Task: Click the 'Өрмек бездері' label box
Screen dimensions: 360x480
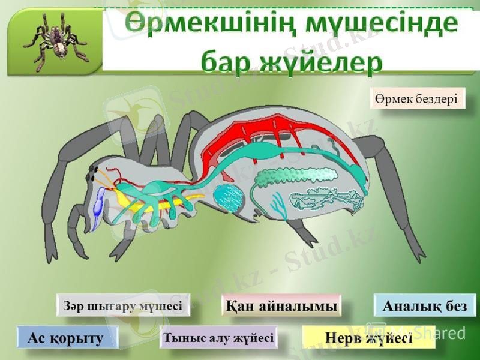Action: [418, 98]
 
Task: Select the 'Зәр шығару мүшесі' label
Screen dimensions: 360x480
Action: [123, 305]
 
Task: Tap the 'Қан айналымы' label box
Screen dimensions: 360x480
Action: [281, 305]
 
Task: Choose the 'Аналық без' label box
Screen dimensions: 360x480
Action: [425, 305]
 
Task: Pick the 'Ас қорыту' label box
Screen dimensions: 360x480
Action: [66, 338]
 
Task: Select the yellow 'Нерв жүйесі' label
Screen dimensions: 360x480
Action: [368, 338]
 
